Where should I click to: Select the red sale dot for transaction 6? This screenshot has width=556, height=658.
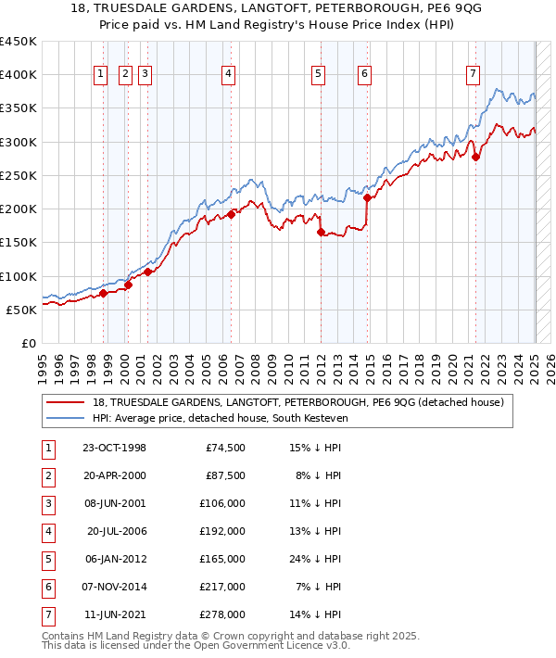367,197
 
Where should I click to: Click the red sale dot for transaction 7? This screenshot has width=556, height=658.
475,157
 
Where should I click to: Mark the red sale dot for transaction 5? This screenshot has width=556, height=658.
321,233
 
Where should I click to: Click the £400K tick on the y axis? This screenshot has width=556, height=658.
19,75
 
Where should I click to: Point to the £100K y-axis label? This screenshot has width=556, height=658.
19,276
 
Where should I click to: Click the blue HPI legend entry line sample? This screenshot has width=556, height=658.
67,418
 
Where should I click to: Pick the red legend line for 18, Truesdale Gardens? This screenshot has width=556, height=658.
67,402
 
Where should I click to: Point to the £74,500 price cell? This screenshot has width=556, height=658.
225,448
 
